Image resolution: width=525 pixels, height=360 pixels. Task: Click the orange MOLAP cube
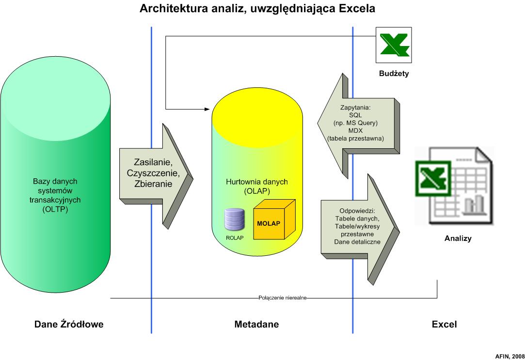click(274, 219)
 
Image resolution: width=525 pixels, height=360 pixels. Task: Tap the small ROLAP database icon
click(234, 219)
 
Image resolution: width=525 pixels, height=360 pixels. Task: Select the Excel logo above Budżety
click(394, 45)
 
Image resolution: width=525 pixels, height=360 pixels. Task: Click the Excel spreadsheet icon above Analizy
click(454, 186)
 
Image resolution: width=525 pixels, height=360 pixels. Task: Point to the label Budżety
click(394, 73)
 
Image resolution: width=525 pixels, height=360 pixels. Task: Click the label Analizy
click(458, 238)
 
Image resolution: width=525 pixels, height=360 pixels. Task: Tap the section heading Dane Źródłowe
click(69, 324)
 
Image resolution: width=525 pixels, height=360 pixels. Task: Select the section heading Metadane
click(256, 324)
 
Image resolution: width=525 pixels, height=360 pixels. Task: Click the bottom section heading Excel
click(444, 324)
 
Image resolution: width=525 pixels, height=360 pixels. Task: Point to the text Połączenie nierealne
click(282, 298)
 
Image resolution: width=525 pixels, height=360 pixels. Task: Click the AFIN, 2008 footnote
click(509, 356)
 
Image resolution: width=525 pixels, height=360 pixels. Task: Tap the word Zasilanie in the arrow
click(153, 162)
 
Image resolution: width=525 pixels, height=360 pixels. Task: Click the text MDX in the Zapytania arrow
click(355, 130)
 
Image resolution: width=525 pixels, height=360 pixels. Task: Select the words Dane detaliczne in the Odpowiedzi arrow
click(357, 242)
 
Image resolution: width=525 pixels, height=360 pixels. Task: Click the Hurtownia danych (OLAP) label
click(257, 187)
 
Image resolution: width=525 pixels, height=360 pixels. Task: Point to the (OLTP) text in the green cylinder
click(55, 209)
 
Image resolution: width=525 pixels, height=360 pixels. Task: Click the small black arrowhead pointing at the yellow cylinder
click(207, 109)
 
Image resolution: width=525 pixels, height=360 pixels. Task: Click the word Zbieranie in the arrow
click(153, 184)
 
